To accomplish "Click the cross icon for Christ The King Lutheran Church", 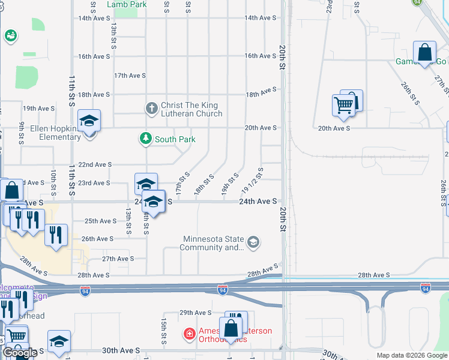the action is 152,109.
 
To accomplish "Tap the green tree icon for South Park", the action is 145,139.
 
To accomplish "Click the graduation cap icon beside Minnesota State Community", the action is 253,242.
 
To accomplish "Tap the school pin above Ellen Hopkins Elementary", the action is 89,122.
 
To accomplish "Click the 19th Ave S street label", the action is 38,109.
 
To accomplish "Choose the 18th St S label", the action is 204,186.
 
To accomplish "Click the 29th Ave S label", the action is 196,313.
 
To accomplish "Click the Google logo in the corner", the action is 20,353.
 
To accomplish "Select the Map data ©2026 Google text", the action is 411,355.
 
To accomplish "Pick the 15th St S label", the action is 163,327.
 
